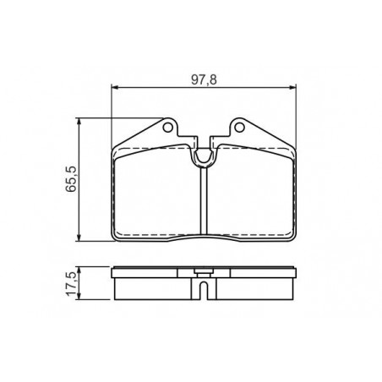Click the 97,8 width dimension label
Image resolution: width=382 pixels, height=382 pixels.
tap(204, 79)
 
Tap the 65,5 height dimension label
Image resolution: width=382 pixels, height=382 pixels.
tap(71, 179)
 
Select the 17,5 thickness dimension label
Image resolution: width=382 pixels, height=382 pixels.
tap(70, 284)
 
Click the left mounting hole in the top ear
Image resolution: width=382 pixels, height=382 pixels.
tap(167, 128)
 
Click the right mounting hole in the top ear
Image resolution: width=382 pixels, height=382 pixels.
tap(239, 128)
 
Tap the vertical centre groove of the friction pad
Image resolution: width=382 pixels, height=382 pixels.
tap(204, 200)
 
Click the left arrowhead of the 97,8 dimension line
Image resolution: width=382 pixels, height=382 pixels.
tap(114, 88)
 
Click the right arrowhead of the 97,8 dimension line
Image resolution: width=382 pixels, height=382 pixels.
tap(293, 88)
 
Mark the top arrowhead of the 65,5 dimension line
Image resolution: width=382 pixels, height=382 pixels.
tap(79, 121)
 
